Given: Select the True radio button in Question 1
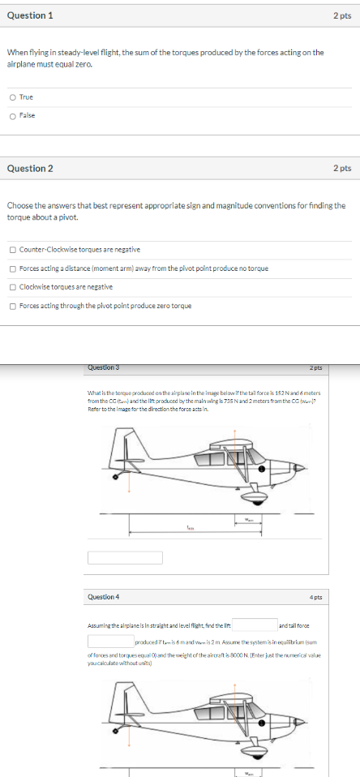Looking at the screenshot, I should click(12, 97).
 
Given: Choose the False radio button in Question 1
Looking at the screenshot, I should click(12, 115).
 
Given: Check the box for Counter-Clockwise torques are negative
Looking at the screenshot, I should click(12, 250).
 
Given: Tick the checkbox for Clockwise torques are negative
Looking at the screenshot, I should click(12, 287).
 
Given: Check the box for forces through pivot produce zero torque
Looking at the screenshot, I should click(12, 306).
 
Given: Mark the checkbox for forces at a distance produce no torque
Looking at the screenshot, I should click(12, 268).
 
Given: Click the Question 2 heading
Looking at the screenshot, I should click(30, 168).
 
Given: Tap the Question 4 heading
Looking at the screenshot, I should click(103, 596).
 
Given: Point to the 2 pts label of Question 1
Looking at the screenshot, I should click(341, 15).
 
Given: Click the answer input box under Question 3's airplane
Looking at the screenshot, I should click(125, 557).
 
